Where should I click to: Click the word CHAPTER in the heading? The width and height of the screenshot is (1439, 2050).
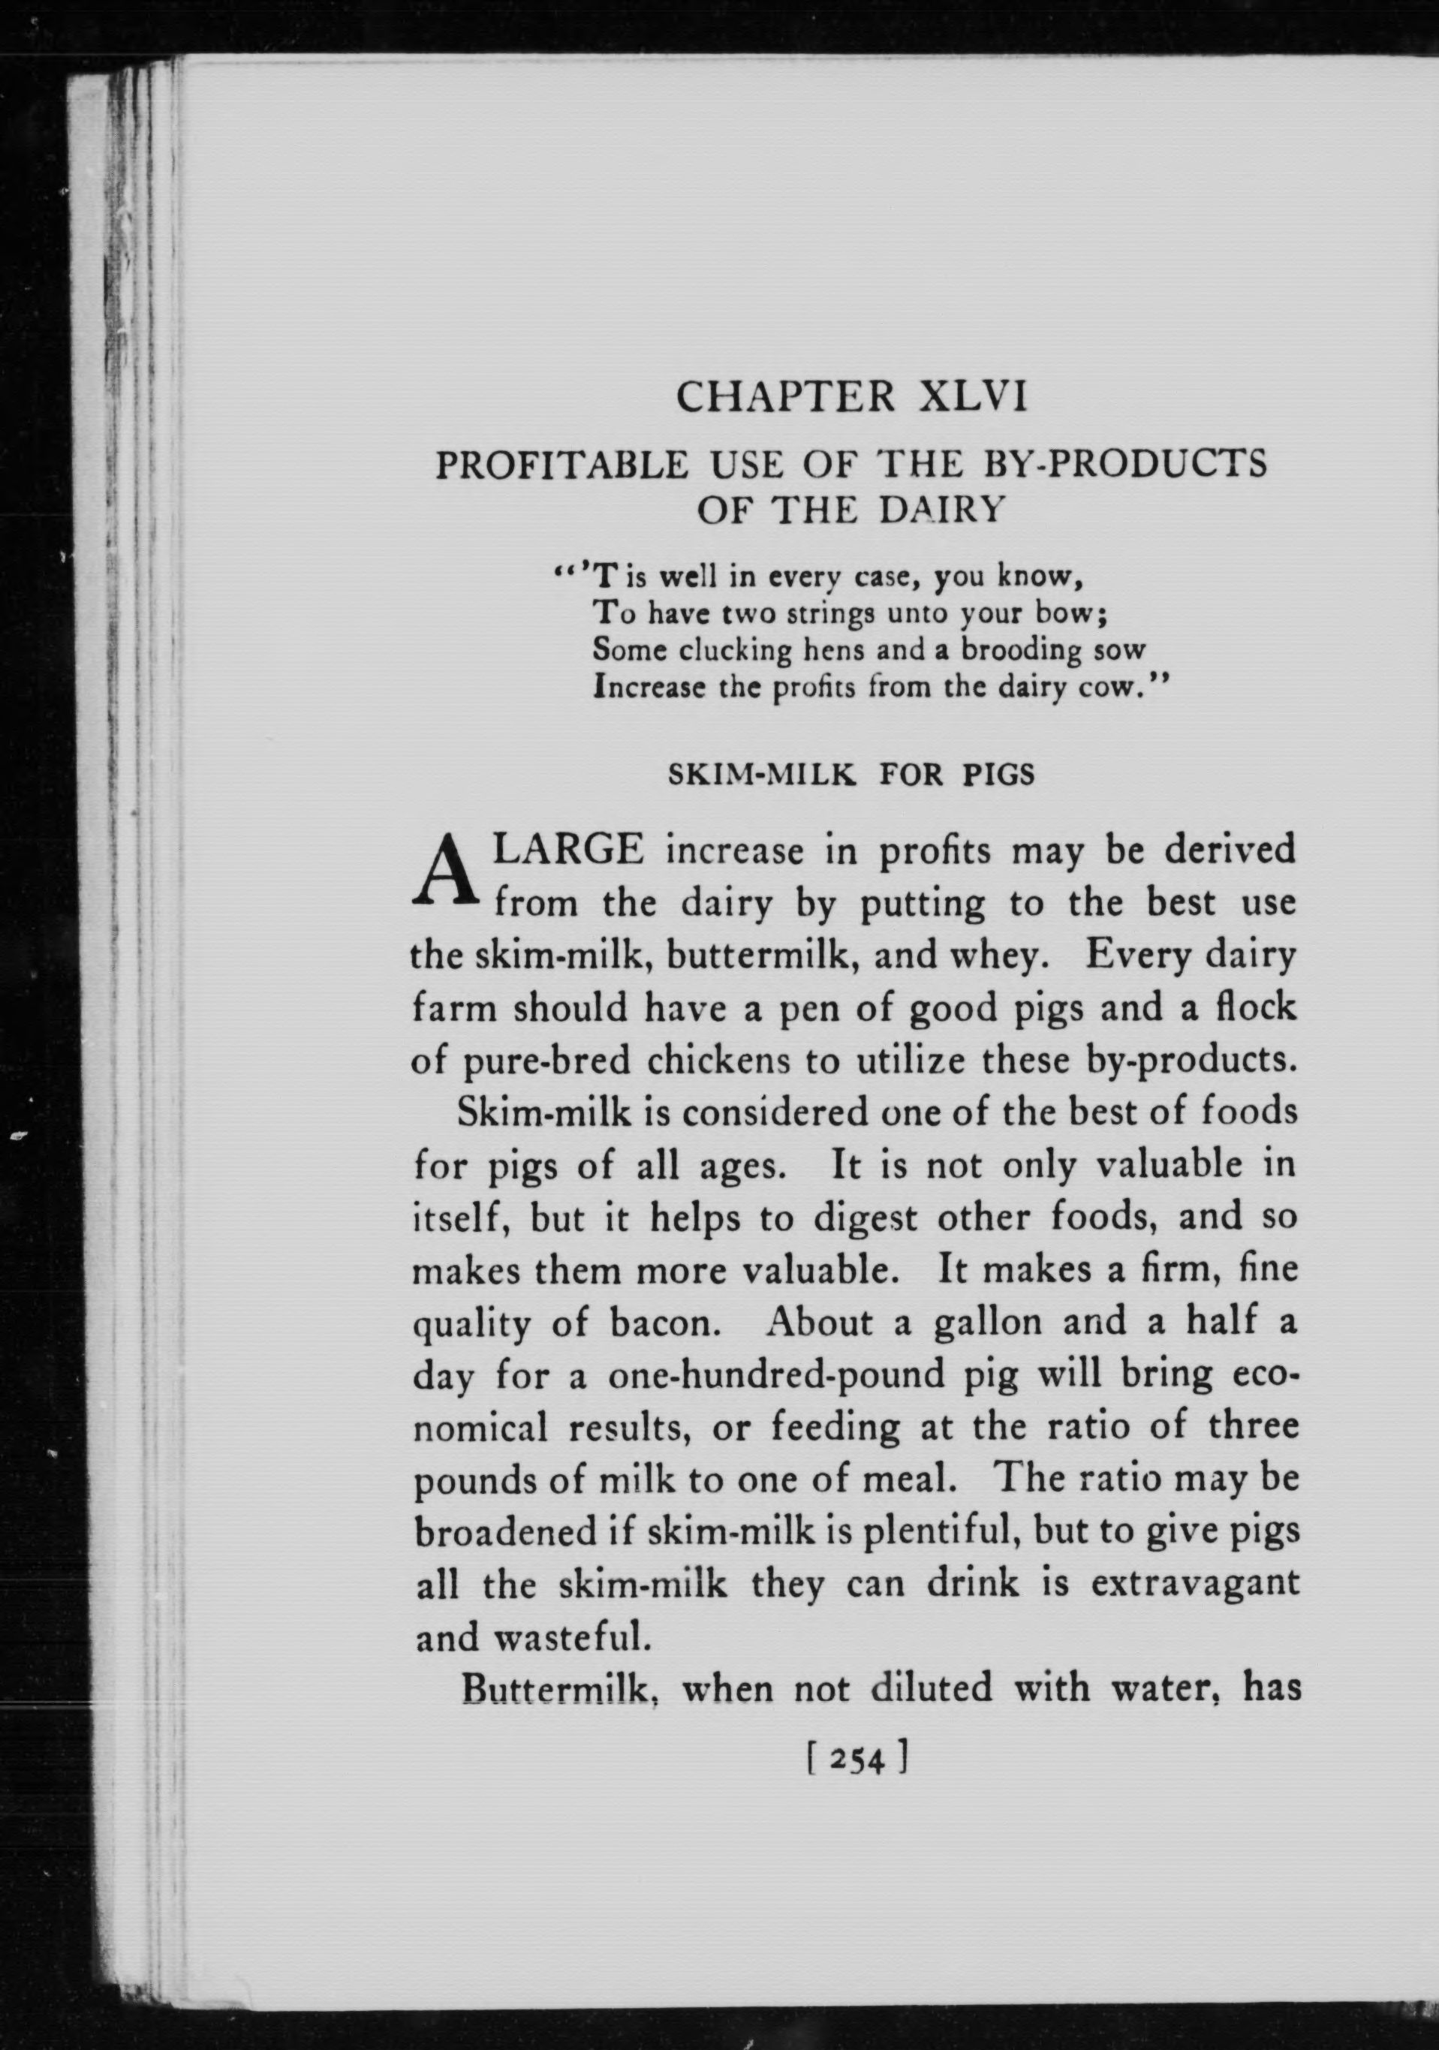(784, 396)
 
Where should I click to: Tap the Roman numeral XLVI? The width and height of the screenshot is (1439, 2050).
(973, 396)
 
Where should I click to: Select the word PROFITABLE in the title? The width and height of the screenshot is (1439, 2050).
(561, 465)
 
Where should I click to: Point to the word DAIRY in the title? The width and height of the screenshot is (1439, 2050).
(943, 510)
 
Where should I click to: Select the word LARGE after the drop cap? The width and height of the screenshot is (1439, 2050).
(569, 850)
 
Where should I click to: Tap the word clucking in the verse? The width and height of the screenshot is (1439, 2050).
(736, 650)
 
